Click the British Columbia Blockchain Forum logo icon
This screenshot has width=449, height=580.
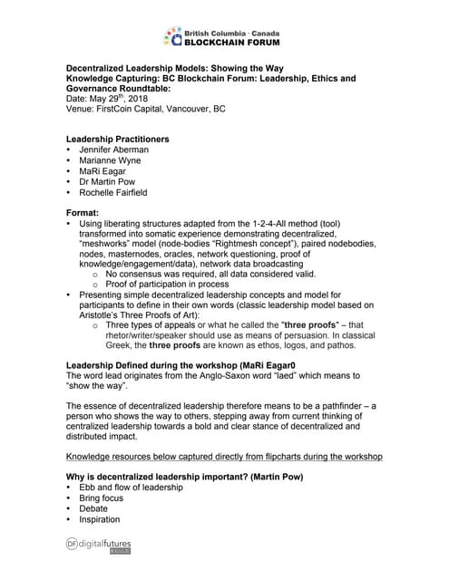click(x=172, y=35)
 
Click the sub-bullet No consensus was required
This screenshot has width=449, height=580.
click(x=210, y=273)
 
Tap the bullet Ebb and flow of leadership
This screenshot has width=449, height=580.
click(x=131, y=488)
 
